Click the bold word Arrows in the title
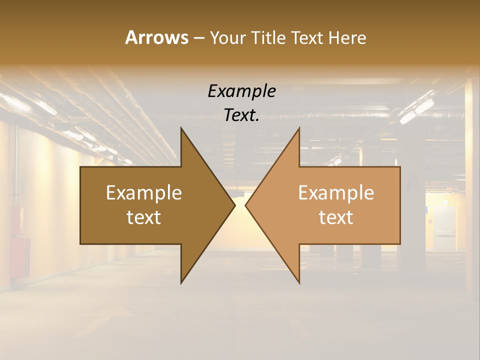156,37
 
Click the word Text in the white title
307,38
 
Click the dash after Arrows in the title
198,38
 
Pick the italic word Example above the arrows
241,91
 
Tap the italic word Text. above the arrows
241,115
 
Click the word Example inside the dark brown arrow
144,193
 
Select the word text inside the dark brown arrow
144,217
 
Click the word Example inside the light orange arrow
336,193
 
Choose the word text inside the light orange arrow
336,217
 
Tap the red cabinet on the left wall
19,255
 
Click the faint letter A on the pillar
414,183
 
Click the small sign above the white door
444,202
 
